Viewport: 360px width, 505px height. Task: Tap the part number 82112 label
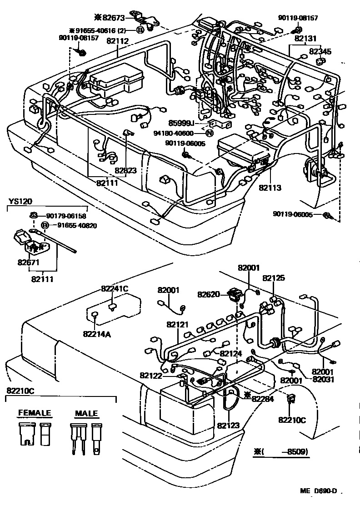[118, 41]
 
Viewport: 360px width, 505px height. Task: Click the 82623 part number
[125, 171]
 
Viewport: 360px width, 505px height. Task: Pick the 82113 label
[270, 187]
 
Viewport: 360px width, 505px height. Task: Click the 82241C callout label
[115, 288]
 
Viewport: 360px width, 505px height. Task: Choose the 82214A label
[95, 334]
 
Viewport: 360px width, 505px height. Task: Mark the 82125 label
[274, 278]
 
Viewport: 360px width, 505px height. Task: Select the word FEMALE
[35, 413]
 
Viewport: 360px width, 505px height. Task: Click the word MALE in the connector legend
[86, 413]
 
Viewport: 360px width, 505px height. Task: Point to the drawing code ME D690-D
[318, 491]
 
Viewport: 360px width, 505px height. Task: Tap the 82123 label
[228, 426]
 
